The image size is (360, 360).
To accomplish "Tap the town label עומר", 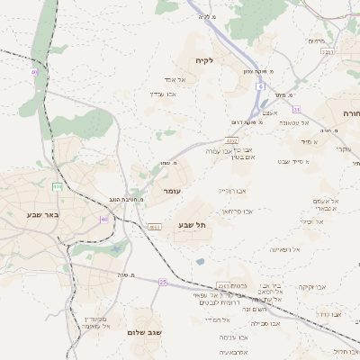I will point(174,192).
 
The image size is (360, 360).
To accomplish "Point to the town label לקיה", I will point(204,60).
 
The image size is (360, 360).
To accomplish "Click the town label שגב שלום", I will point(152,331).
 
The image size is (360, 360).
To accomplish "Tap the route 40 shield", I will point(34,72).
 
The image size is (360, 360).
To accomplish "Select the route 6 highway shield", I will point(259,86).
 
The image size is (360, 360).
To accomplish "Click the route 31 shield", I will point(295,109).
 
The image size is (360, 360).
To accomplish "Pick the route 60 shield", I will point(104,219).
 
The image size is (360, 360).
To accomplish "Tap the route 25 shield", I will point(163,282).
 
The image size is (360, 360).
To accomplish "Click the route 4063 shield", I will point(155,227).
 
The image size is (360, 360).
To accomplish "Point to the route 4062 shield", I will point(232,140).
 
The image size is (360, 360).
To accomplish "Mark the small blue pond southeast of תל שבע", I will point(199,262).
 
